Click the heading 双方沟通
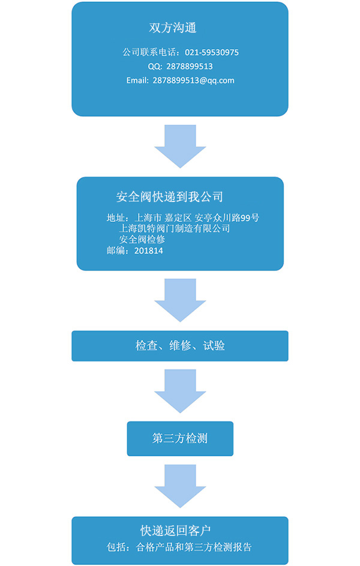[x=173, y=28]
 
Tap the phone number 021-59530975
[x=211, y=52]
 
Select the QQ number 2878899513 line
[x=180, y=66]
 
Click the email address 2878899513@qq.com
[x=193, y=80]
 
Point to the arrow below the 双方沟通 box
[x=180, y=145]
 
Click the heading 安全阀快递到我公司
[x=169, y=197]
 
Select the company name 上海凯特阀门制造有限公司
[x=175, y=228]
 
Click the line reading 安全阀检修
[x=142, y=239]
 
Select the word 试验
[x=214, y=346]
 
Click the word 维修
[x=180, y=346]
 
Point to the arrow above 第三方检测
[x=180, y=390]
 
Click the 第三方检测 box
[x=180, y=438]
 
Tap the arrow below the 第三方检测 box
[x=180, y=486]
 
